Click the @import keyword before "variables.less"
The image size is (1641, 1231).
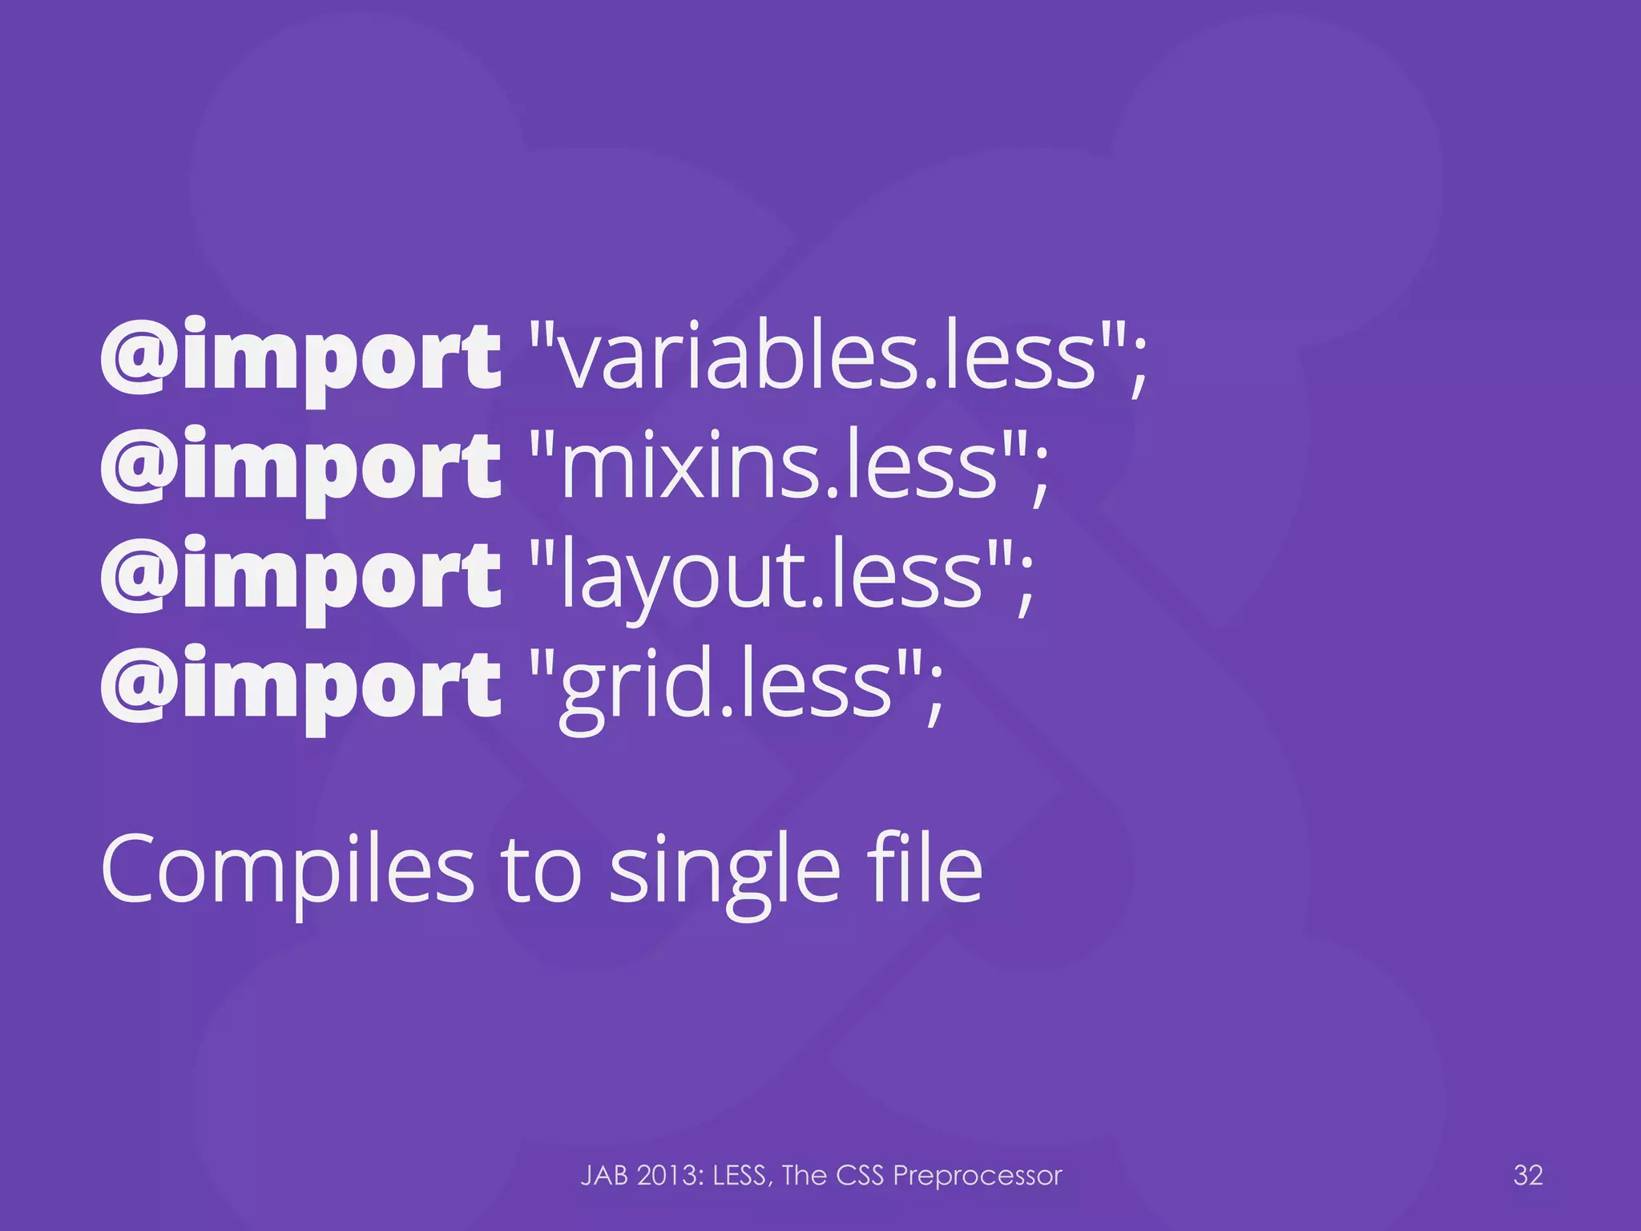pos(300,357)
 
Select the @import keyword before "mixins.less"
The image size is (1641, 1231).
pos(300,466)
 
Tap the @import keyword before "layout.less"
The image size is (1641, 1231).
pos(300,575)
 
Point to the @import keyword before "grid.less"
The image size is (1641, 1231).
pos(300,685)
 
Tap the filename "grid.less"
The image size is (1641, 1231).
pos(725,685)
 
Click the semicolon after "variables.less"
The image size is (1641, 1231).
pos(1139,365)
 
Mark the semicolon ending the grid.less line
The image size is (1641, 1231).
pos(934,693)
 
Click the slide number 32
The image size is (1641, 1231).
pos(1527,1175)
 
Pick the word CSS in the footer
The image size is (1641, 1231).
pos(860,1176)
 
